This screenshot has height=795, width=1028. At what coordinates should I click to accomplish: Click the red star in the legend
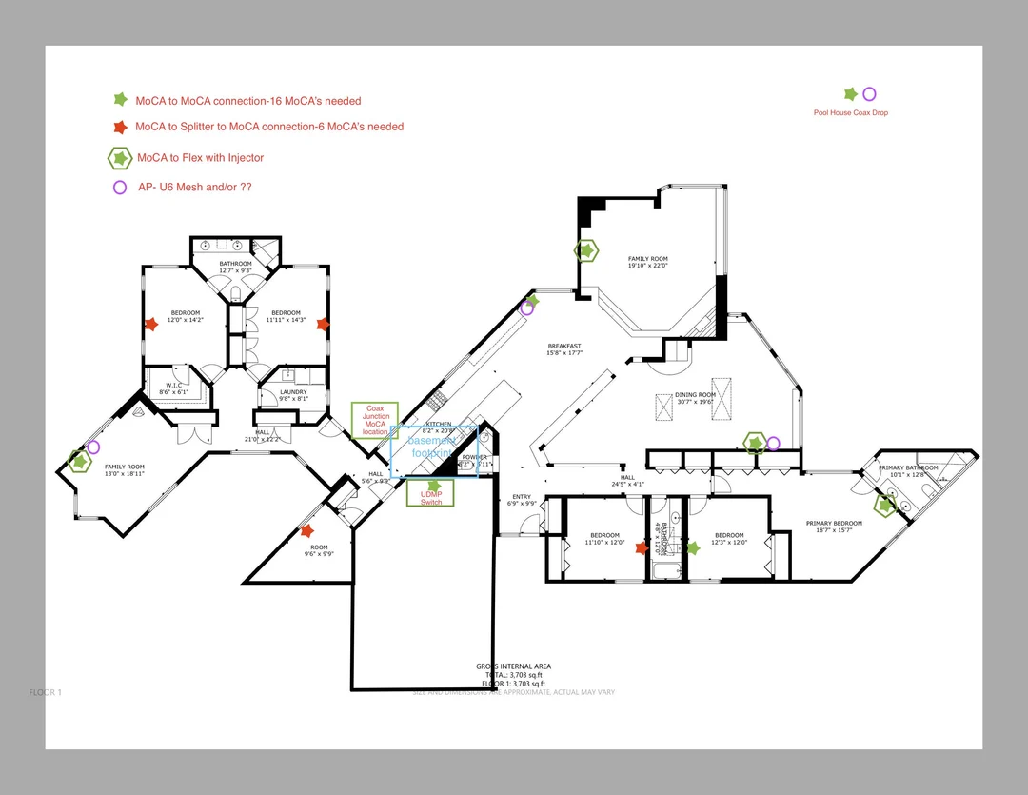(120, 127)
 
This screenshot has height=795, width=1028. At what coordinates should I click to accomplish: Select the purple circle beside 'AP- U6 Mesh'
(120, 188)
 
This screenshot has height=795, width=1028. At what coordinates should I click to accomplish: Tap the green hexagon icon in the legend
(120, 157)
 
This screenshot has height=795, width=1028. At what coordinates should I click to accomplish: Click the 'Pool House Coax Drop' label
(850, 113)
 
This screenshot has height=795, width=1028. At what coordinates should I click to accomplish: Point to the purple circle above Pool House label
(869, 94)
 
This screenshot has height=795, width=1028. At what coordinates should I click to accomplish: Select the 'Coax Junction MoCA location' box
(375, 420)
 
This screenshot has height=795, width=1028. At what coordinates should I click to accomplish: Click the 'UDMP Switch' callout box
(430, 493)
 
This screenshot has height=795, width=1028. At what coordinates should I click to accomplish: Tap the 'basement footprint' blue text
(433, 447)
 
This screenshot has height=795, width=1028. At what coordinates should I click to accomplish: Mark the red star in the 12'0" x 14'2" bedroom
(150, 325)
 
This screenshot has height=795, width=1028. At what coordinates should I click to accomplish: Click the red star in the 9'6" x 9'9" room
(306, 530)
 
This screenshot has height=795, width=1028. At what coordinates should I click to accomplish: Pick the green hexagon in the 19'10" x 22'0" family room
(586, 250)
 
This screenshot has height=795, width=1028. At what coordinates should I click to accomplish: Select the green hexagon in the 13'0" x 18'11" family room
(79, 462)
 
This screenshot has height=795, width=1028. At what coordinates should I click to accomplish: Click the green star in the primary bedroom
(886, 506)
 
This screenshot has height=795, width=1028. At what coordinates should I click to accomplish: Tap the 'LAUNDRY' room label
(292, 391)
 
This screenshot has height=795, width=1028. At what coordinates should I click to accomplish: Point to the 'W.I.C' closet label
(172, 386)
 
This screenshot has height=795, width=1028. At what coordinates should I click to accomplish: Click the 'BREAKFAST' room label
(564, 346)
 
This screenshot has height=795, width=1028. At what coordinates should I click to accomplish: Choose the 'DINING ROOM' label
(694, 395)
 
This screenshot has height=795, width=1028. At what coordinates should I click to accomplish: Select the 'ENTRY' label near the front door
(522, 496)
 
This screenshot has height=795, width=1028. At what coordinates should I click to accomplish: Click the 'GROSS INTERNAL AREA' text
(513, 666)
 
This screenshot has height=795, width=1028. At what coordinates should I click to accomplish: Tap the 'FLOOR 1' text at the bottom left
(46, 693)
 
